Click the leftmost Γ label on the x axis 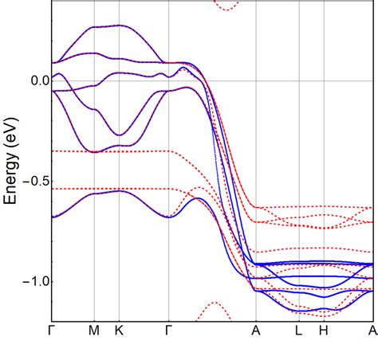52,330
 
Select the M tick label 94,330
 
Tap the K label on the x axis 120,330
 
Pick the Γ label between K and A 168,330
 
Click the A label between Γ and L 256,330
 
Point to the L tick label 298,330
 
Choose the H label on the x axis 324,330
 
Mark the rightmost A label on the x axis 372,330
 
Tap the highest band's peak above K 120,25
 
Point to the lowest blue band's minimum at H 324,310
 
